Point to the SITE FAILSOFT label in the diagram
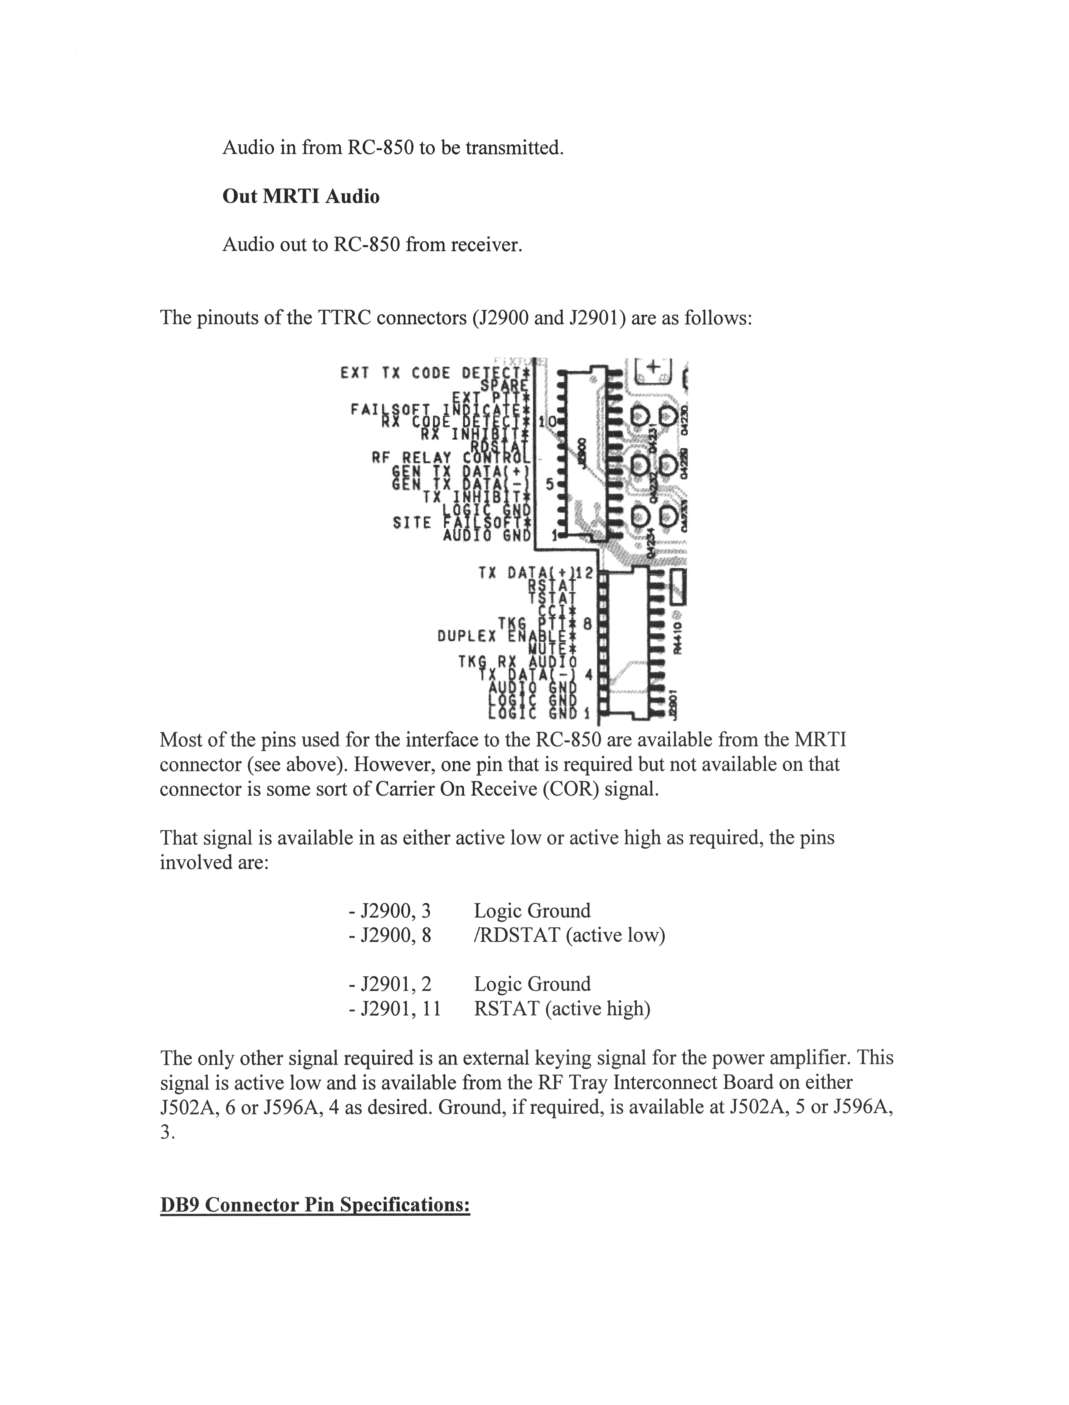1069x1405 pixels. tap(461, 523)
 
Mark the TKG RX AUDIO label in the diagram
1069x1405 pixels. tap(517, 662)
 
